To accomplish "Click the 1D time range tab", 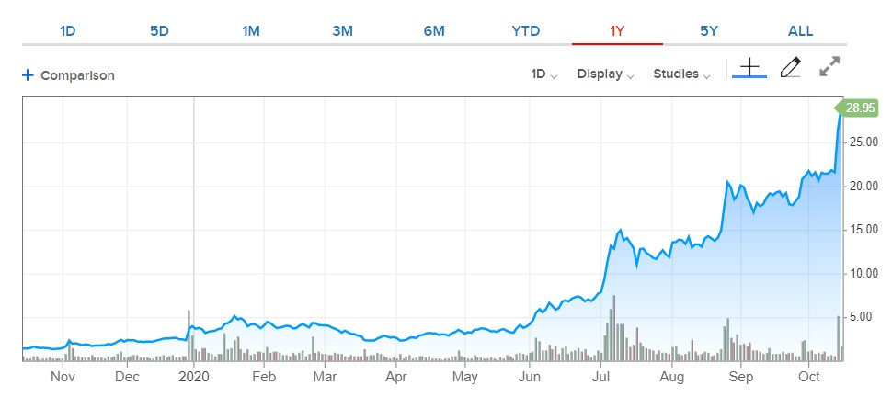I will (x=67, y=30).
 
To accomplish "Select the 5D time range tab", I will (x=159, y=30).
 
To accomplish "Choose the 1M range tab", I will (x=251, y=30).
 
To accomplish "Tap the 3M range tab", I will (x=342, y=30).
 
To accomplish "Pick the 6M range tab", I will (x=434, y=30).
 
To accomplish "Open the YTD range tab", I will (x=526, y=30).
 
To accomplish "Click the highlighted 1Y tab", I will (x=617, y=30).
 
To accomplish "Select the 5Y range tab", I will (x=709, y=30).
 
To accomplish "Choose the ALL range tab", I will (x=801, y=30).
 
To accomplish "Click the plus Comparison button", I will (x=69, y=75).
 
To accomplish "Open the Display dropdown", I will (x=605, y=74).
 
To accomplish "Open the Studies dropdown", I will (x=681, y=74).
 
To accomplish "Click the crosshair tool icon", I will (x=749, y=68).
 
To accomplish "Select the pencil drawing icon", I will (x=790, y=67).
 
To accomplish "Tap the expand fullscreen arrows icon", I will (x=830, y=66).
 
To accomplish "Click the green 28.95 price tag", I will (x=859, y=108).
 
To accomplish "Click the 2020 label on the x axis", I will (x=194, y=377).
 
